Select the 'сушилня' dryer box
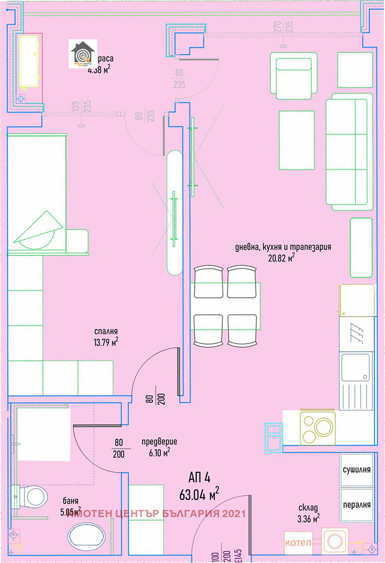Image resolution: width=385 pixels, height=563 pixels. coord(356,469)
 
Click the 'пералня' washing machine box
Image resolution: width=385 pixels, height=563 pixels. coord(356,504)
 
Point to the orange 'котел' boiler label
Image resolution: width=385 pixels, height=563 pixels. coord(297,542)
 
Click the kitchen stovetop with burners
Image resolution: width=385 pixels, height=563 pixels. coord(317,427)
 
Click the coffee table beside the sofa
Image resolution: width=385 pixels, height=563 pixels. coord(296,140)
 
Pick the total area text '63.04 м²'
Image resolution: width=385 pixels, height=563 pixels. coord(199,494)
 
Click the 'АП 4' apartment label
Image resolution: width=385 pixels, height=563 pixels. coord(199,478)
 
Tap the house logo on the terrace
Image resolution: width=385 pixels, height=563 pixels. coord(82,55)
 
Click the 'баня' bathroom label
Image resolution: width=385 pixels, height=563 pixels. coord(71,501)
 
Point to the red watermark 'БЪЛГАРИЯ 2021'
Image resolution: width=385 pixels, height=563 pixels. coord(204,514)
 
